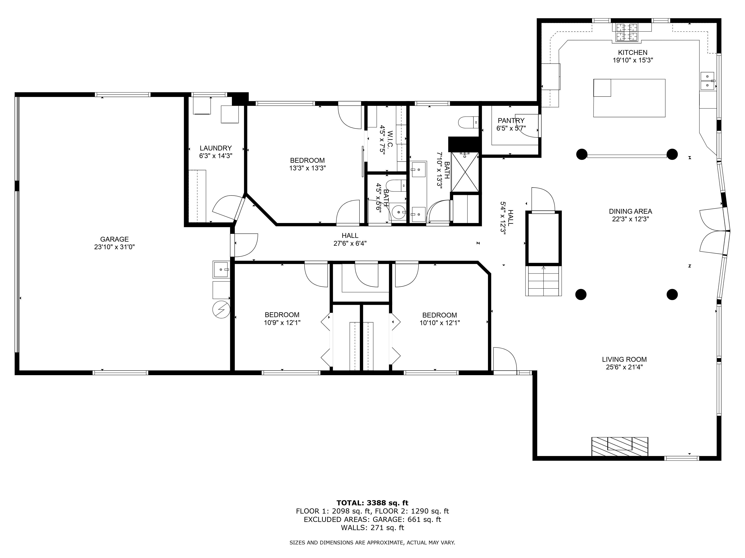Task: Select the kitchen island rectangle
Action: coord(629,98)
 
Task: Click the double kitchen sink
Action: coord(707,81)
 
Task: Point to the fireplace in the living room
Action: coord(620,446)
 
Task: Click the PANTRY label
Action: coord(511,120)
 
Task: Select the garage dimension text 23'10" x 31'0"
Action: coord(115,247)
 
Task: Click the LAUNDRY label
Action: coord(215,148)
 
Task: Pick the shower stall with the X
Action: coord(465,172)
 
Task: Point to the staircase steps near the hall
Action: coord(543,281)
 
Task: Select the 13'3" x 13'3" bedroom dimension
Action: coord(307,168)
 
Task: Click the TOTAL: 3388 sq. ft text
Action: coord(372,503)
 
